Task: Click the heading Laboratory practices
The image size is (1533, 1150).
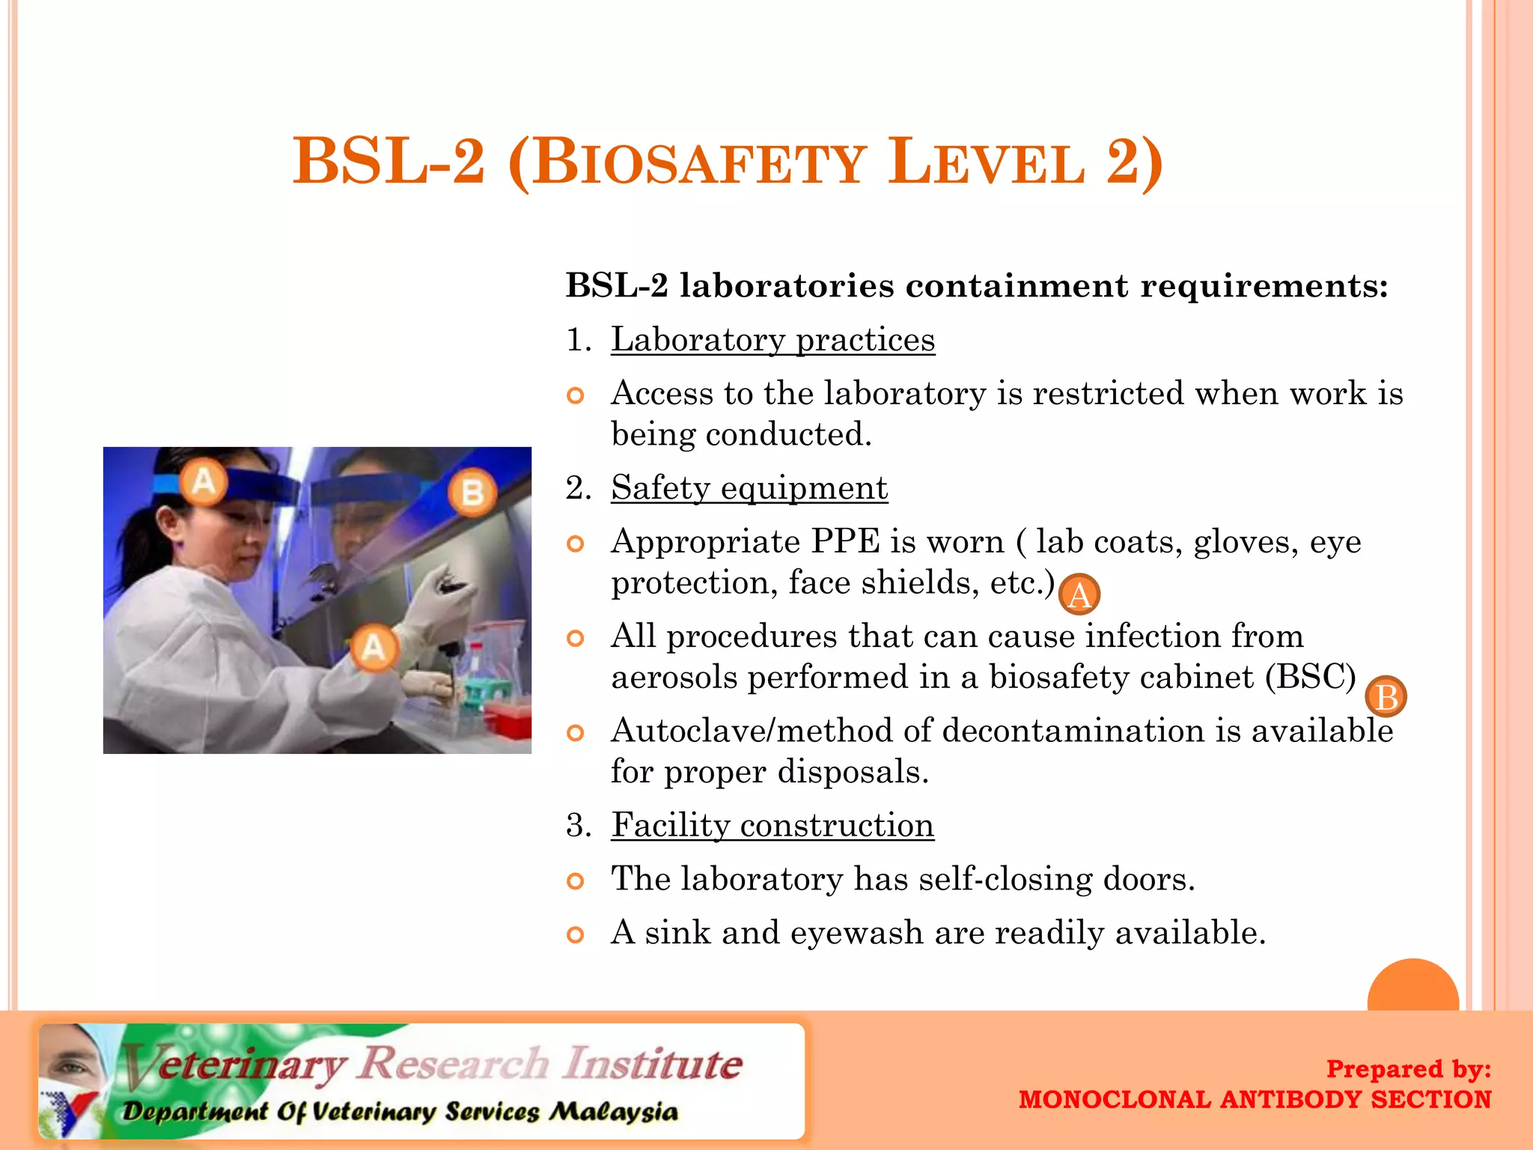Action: pos(772,340)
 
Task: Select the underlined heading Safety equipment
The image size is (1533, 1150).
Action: pos(749,488)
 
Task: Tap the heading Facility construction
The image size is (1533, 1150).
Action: pos(772,825)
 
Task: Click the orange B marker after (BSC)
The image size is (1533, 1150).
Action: pos(1386,697)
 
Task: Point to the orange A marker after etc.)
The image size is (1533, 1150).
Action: pos(1079,595)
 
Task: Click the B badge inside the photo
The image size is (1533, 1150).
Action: pos(472,493)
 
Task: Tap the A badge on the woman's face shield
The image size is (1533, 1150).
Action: pos(204,481)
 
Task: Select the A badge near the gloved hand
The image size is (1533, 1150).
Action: pos(374,647)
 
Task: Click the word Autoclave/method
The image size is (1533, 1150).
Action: pos(752,731)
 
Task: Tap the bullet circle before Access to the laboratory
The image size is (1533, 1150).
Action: pos(575,395)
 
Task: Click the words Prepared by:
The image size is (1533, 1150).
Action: pos(1408,1068)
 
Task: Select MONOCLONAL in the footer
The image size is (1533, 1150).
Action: pos(1115,1100)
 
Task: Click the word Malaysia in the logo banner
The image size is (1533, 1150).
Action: pos(613,1112)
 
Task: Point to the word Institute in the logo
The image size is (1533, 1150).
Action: pos(653,1064)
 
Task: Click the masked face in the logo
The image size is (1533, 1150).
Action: pos(71,1064)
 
